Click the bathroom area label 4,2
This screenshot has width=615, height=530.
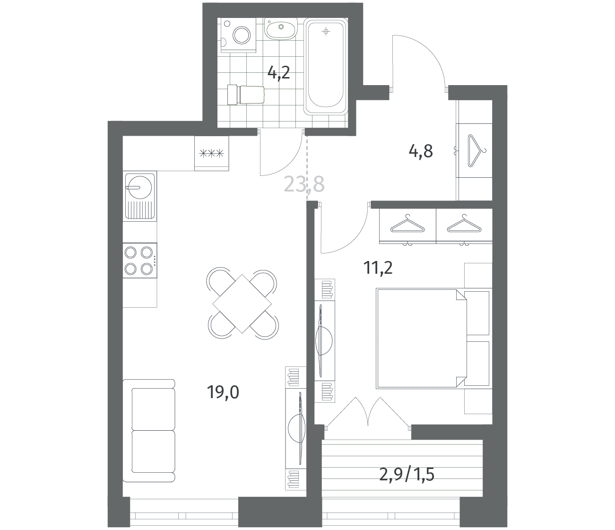pyautogui.click(x=278, y=73)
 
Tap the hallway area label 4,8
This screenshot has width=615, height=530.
pyautogui.click(x=421, y=151)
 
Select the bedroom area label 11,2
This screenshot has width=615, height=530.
pyautogui.click(x=378, y=268)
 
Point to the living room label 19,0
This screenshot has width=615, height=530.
pyautogui.click(x=223, y=392)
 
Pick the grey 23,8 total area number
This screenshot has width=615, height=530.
pyautogui.click(x=304, y=184)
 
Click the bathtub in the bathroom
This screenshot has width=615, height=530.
pyautogui.click(x=326, y=66)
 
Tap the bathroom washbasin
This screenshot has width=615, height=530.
pyautogui.click(x=281, y=28)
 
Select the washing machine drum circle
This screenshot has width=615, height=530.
pyautogui.click(x=242, y=35)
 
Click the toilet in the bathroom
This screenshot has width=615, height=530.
pyautogui.click(x=246, y=95)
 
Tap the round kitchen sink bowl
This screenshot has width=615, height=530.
pyautogui.click(x=139, y=187)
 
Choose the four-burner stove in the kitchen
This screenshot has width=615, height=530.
pyautogui.click(x=140, y=261)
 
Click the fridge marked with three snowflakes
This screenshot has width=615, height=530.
pyautogui.click(x=212, y=154)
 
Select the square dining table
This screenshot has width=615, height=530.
pyautogui.click(x=242, y=304)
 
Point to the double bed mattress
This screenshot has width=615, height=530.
pyautogui.click(x=421, y=338)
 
